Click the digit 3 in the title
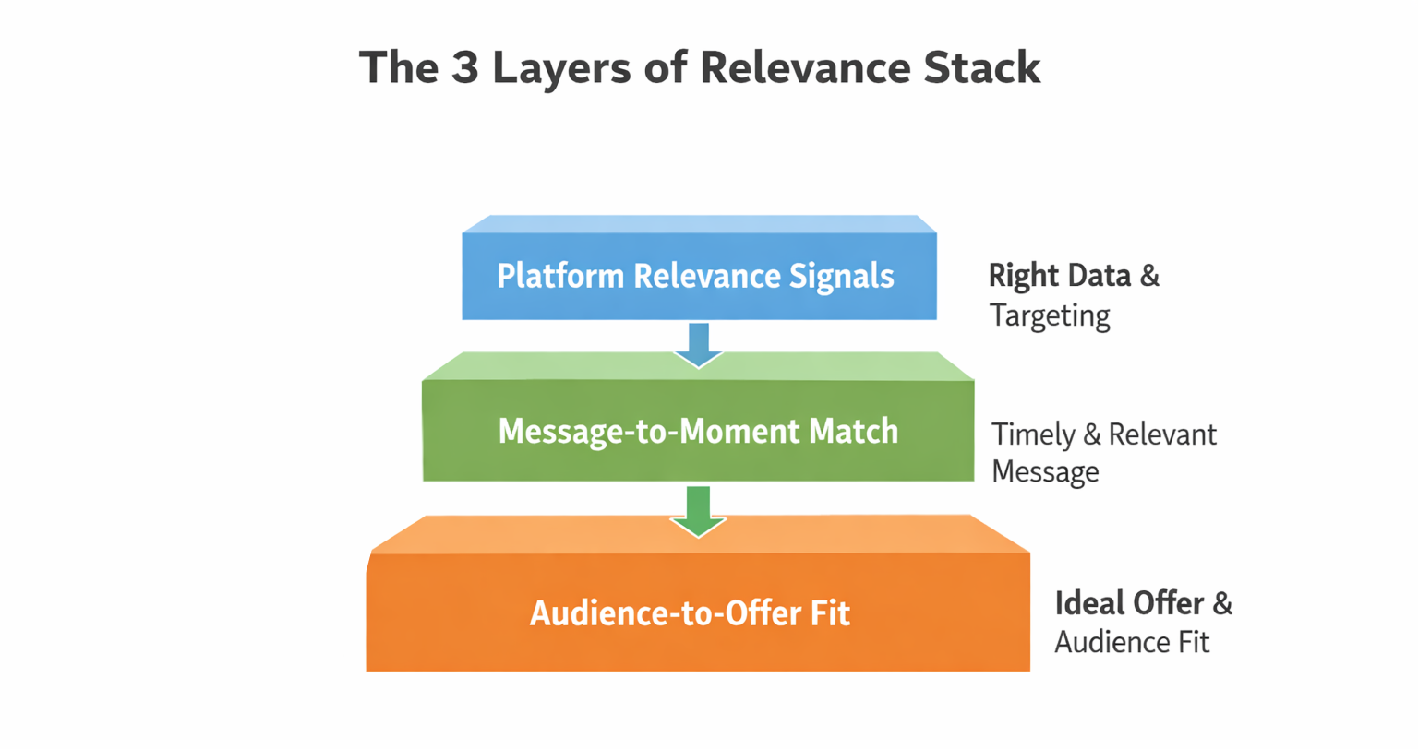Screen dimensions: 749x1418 pos(465,68)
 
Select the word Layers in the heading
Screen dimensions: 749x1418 pos(565,68)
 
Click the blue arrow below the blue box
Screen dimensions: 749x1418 pos(699,344)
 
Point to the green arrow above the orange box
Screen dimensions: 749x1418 pos(698,511)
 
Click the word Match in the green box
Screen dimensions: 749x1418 pos(853,431)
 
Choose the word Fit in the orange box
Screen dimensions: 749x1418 pos(831,613)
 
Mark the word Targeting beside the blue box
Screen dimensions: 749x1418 pos(1050,316)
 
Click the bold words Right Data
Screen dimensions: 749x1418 pos(1059,276)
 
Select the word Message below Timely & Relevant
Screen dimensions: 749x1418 pos(1045,472)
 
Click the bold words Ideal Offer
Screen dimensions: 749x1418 pos(1128,604)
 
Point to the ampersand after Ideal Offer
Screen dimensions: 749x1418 pos(1222,604)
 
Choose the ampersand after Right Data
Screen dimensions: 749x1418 pos(1150,276)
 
